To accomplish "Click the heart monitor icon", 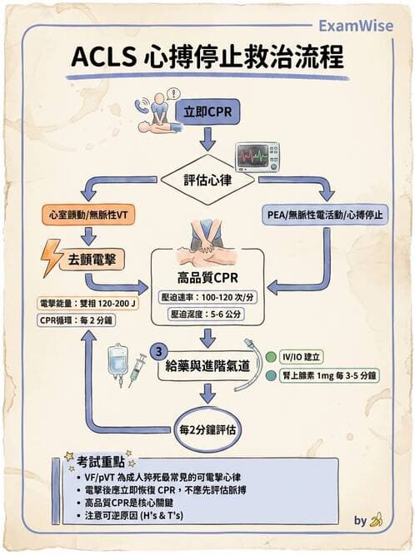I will click(257, 156).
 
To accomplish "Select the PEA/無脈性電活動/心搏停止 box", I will click(327, 214).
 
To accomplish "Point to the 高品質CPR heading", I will click(208, 277).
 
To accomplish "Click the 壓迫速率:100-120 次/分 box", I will click(208, 296).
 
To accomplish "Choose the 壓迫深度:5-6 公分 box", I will click(208, 315).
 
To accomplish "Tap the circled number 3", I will click(156, 349).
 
